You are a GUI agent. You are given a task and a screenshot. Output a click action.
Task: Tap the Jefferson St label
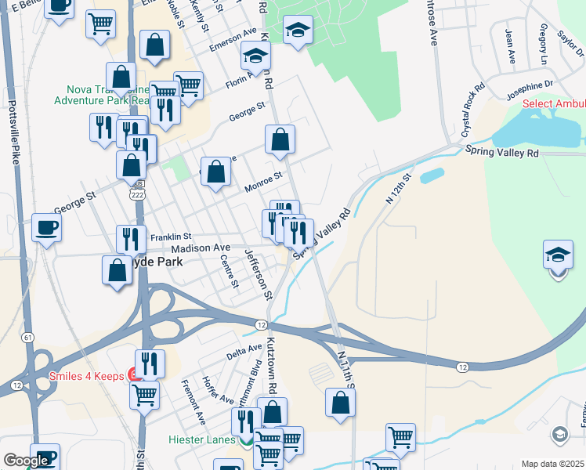point(258,274)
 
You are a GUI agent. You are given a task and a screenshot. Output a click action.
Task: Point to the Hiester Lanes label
point(202,439)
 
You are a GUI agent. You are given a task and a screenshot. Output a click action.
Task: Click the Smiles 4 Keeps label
point(86,376)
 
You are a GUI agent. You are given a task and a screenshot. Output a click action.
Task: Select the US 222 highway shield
point(138,193)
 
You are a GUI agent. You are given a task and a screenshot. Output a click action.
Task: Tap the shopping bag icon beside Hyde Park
point(117,270)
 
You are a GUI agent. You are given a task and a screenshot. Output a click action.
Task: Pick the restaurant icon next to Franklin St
point(131,238)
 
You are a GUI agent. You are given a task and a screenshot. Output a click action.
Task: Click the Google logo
point(26,461)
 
